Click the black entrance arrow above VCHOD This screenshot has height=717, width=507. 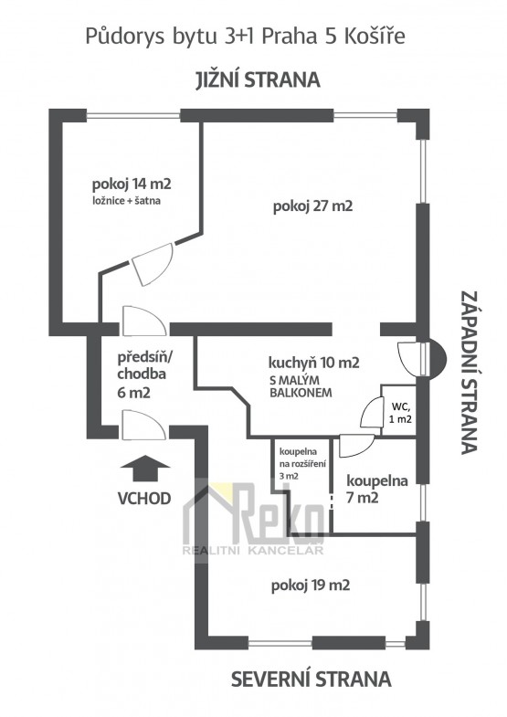click(145, 468)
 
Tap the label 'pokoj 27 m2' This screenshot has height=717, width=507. click(312, 206)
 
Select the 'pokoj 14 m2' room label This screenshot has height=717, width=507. click(132, 185)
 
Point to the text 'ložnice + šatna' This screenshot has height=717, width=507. click(127, 200)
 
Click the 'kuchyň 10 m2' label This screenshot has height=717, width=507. click(313, 363)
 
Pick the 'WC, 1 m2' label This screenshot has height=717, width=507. click(400, 412)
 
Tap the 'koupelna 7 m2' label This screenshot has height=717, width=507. click(377, 489)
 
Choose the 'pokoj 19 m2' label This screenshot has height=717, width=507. click(311, 585)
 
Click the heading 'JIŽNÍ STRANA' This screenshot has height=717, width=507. click(258, 80)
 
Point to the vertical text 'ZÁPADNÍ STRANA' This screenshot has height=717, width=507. click(470, 373)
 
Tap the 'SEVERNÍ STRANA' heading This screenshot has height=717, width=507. click(311, 679)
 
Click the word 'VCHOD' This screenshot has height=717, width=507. click(144, 498)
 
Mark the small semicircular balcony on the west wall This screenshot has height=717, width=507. click(437, 358)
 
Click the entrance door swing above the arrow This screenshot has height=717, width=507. click(143, 426)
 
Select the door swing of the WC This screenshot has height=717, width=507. click(371, 413)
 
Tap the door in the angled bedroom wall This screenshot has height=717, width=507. click(153, 264)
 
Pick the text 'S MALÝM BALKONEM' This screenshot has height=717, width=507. click(301, 386)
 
